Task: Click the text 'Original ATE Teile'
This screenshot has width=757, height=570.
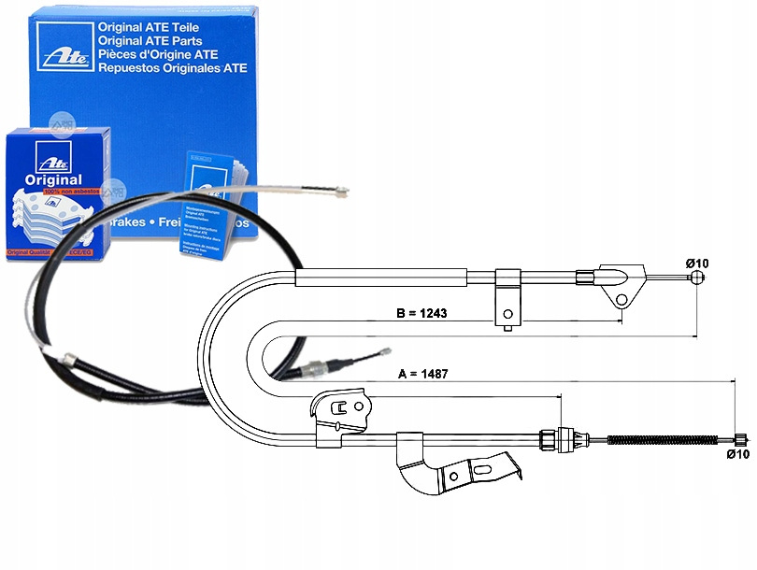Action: [150, 28]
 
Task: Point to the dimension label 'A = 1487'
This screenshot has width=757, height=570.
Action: [424, 374]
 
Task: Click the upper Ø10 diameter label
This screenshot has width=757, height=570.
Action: [696, 264]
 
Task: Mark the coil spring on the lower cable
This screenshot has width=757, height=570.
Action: [664, 439]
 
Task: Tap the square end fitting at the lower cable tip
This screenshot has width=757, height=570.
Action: [739, 440]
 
